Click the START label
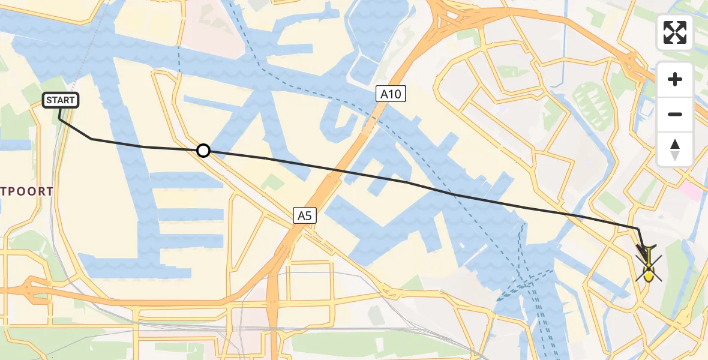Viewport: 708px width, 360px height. pos(61,100)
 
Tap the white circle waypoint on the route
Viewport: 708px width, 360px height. pos(203,150)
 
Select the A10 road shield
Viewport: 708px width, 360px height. pos(392,93)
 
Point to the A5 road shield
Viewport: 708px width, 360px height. pos(305,215)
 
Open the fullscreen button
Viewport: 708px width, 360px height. pos(675,32)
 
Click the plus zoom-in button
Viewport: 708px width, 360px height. pos(675,79)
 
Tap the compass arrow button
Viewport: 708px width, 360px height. pos(675,149)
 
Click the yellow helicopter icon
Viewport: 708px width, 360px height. pos(649,265)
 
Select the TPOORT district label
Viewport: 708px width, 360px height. pos(27,191)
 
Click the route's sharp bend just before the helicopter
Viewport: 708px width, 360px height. pos(638,229)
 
